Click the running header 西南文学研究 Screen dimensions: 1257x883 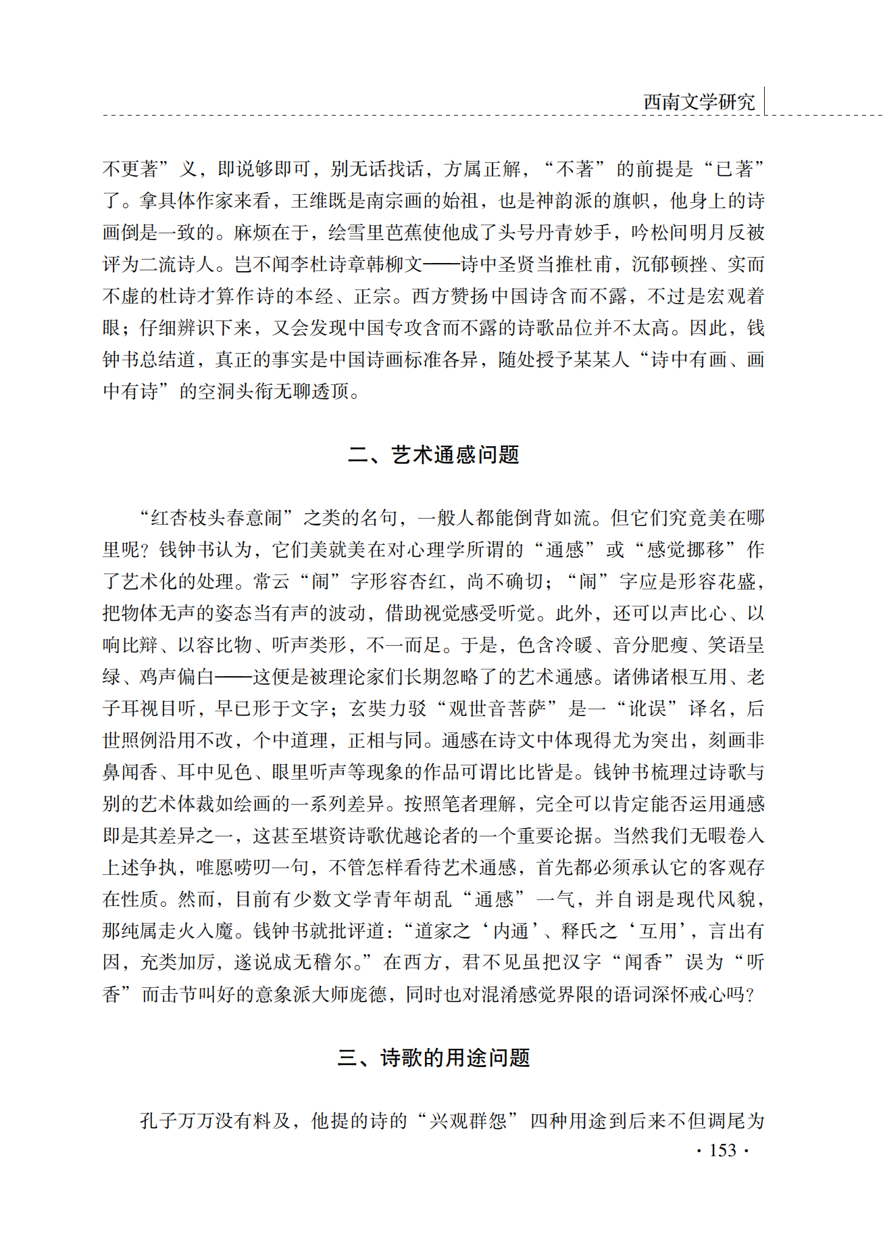tap(699, 102)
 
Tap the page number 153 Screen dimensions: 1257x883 tap(722, 1150)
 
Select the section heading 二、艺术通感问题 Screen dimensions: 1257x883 tap(433, 455)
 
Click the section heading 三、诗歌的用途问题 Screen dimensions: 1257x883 tap(433, 1058)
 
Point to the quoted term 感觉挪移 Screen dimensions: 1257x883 tap(684, 550)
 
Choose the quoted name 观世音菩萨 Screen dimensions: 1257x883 tap(497, 709)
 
